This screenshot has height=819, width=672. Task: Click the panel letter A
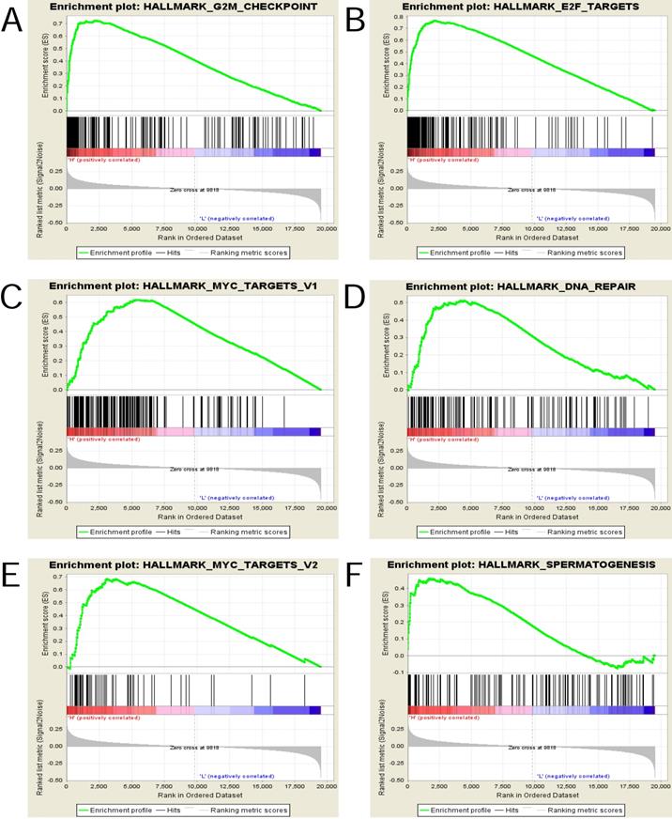point(12,20)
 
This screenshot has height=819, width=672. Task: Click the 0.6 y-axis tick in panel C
point(58,301)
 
